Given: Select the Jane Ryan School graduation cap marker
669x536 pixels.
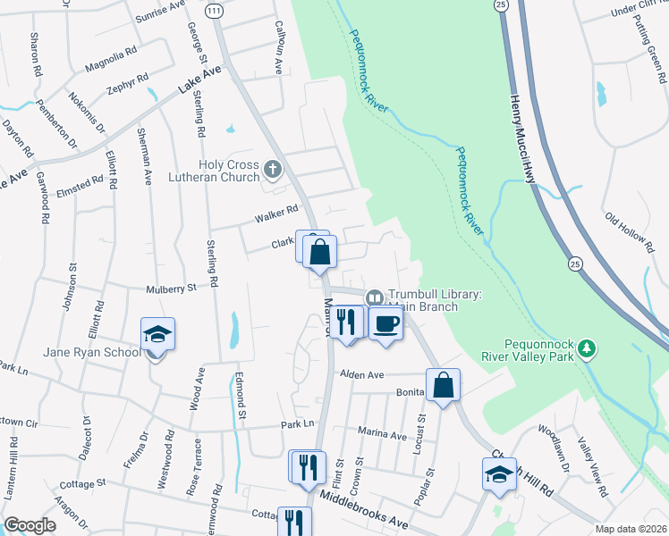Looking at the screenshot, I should tap(157, 335).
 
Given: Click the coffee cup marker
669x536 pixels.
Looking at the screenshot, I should tap(385, 323).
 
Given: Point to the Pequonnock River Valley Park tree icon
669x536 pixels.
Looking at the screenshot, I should tap(587, 347).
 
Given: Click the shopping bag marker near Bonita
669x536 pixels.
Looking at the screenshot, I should tap(443, 386).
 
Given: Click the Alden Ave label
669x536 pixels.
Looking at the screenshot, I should tap(360, 375).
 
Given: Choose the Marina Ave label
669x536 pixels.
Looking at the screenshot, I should tap(382, 435).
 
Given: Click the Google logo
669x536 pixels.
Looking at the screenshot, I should tap(30, 525).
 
